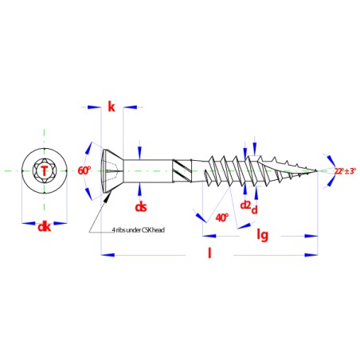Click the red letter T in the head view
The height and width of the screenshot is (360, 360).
coord(45,170)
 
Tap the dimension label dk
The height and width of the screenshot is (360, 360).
coord(45,227)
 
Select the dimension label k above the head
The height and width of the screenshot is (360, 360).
coord(112,107)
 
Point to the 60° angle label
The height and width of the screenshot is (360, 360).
coord(84,170)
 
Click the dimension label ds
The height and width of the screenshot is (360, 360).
coord(141,207)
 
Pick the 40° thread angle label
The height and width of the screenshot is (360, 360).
coord(222,217)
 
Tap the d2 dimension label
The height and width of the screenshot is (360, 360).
coord(245,205)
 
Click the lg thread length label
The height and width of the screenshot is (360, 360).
coord(262,235)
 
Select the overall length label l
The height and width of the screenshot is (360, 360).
coord(209,252)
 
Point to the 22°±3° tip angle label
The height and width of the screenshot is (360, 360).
coord(345,171)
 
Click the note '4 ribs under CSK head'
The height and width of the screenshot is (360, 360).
coord(139,230)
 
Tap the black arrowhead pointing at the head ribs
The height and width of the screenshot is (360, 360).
coord(108,197)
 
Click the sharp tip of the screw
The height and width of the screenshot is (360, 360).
coord(317,170)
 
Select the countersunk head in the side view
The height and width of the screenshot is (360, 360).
coord(112,171)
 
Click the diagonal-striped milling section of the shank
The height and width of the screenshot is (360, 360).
coord(182,170)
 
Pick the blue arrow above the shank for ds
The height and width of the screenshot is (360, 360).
coord(140,153)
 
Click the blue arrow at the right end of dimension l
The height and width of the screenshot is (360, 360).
coord(311,255)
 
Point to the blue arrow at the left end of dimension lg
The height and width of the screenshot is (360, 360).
coord(209,236)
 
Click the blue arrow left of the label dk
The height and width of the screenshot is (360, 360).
coord(29,223)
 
